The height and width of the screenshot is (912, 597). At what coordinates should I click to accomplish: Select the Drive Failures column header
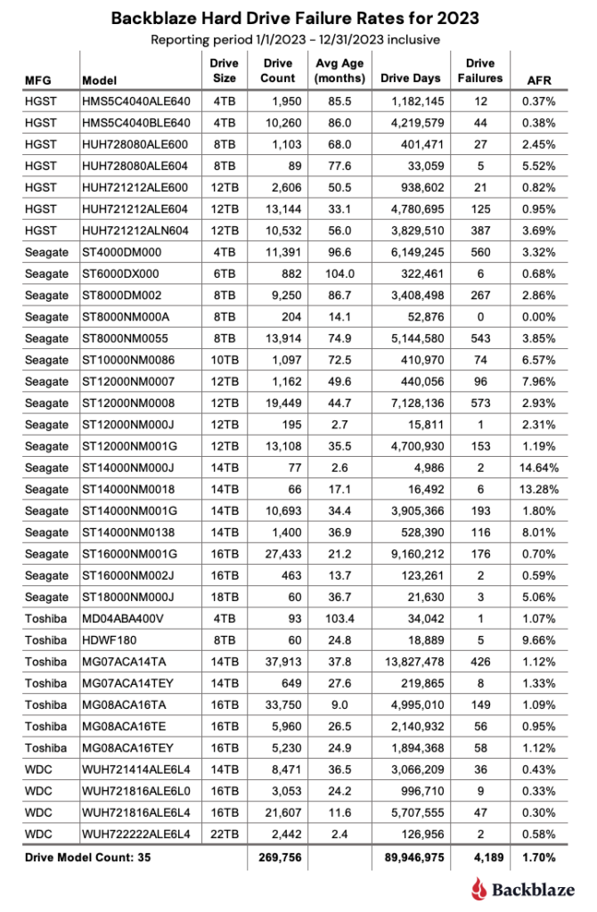pos(480,70)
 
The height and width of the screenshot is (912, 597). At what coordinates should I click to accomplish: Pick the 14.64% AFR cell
pos(539,468)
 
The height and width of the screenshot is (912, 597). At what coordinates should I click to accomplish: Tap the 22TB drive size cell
pos(224,833)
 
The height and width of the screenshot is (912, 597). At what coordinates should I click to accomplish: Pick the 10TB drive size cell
pos(224,360)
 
